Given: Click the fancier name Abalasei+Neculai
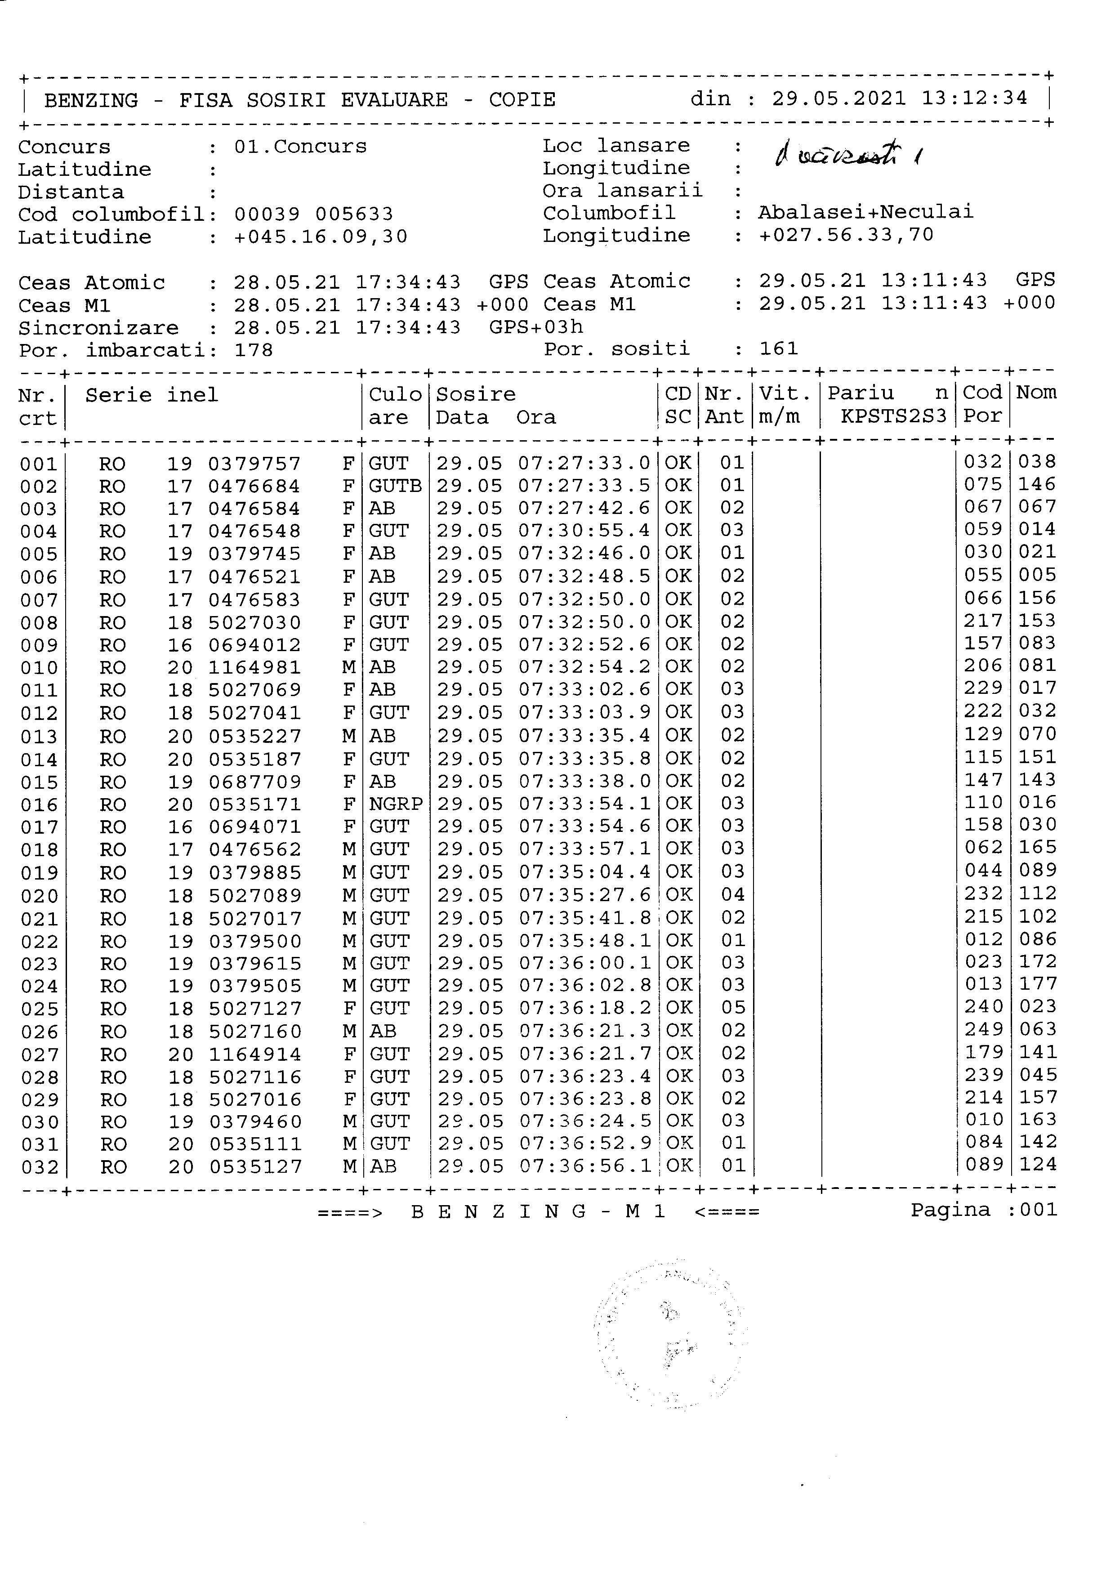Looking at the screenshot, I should click(866, 212).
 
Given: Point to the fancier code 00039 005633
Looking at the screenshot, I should click(314, 214).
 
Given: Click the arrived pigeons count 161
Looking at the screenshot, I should click(779, 349).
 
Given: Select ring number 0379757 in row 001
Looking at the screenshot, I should click(255, 465).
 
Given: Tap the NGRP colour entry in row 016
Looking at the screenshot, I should click(396, 804).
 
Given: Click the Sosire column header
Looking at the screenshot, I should click(476, 394).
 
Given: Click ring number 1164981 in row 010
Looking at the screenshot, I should click(255, 668).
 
